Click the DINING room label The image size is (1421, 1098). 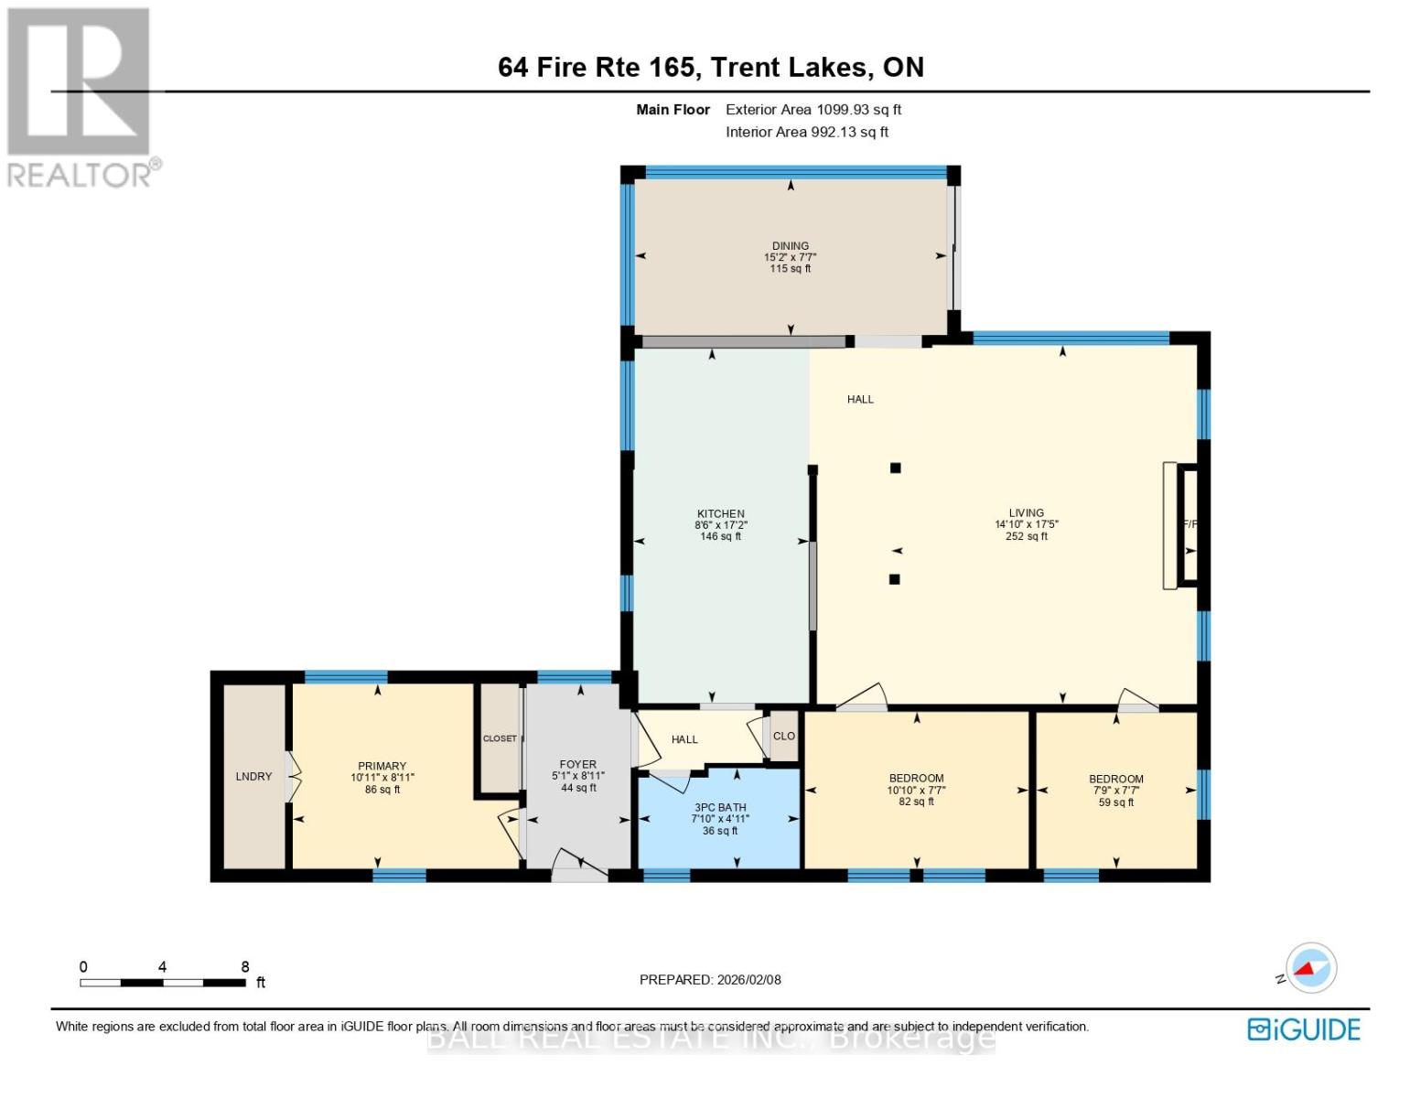pyautogui.click(x=790, y=246)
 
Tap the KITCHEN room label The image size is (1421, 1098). pyautogui.click(x=720, y=514)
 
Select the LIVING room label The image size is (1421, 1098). pyautogui.click(x=1026, y=513)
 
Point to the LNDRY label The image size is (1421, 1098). pyautogui.click(x=253, y=777)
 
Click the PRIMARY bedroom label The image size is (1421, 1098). pyautogui.click(x=382, y=767)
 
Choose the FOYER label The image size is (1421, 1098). pyautogui.click(x=577, y=765)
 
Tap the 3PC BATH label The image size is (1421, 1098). pyautogui.click(x=719, y=808)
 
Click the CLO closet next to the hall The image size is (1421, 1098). pyautogui.click(x=784, y=737)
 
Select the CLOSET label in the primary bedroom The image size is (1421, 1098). pyautogui.click(x=500, y=738)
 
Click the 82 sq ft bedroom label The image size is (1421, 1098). pyautogui.click(x=916, y=779)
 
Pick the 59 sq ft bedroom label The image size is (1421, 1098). pyautogui.click(x=1115, y=780)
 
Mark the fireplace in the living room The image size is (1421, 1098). pyautogui.click(x=1189, y=524)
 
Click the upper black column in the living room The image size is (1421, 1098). pyautogui.click(x=896, y=468)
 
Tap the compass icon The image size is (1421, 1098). pyautogui.click(x=1310, y=968)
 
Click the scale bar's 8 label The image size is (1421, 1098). pyautogui.click(x=245, y=967)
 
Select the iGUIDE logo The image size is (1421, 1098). pyautogui.click(x=1303, y=1029)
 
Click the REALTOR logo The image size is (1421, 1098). pyautogui.click(x=81, y=96)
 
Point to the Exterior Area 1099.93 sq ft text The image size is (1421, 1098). pyautogui.click(x=813, y=110)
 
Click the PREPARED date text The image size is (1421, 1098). pyautogui.click(x=710, y=980)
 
